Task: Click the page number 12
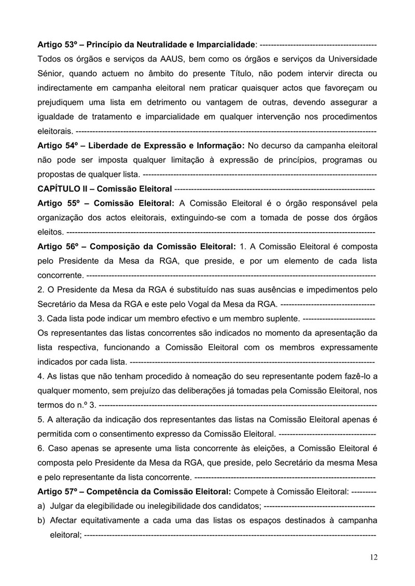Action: click(x=374, y=557)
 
